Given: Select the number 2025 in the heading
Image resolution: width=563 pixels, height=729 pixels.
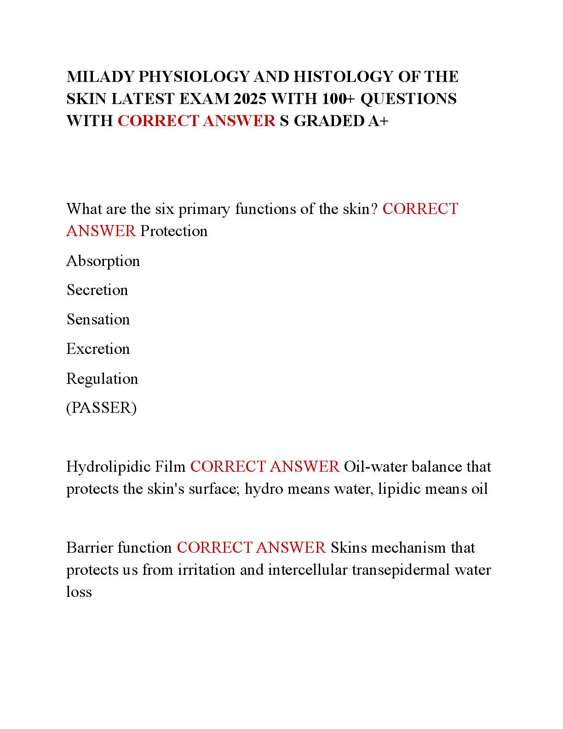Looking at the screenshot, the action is click(249, 99).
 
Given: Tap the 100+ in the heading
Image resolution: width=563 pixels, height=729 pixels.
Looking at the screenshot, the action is click(338, 99).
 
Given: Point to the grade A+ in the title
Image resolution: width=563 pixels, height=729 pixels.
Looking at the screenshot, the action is click(378, 121).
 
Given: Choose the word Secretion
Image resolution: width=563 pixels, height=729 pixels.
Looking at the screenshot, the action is click(97, 290).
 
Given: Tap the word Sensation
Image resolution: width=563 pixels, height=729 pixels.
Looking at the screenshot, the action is click(98, 320).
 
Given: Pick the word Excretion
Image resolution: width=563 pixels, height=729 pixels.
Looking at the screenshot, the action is click(98, 349).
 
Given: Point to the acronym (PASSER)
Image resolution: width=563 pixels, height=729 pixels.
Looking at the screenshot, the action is click(102, 408).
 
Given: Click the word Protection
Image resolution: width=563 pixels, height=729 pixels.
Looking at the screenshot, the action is click(174, 231).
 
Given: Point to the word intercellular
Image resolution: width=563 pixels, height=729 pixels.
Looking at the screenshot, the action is click(307, 570).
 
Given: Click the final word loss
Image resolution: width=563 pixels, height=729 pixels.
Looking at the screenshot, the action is click(79, 592).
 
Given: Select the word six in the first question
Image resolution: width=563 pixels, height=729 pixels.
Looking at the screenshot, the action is click(165, 209).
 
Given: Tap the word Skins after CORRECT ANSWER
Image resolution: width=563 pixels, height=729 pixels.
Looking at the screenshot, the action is click(349, 548).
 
